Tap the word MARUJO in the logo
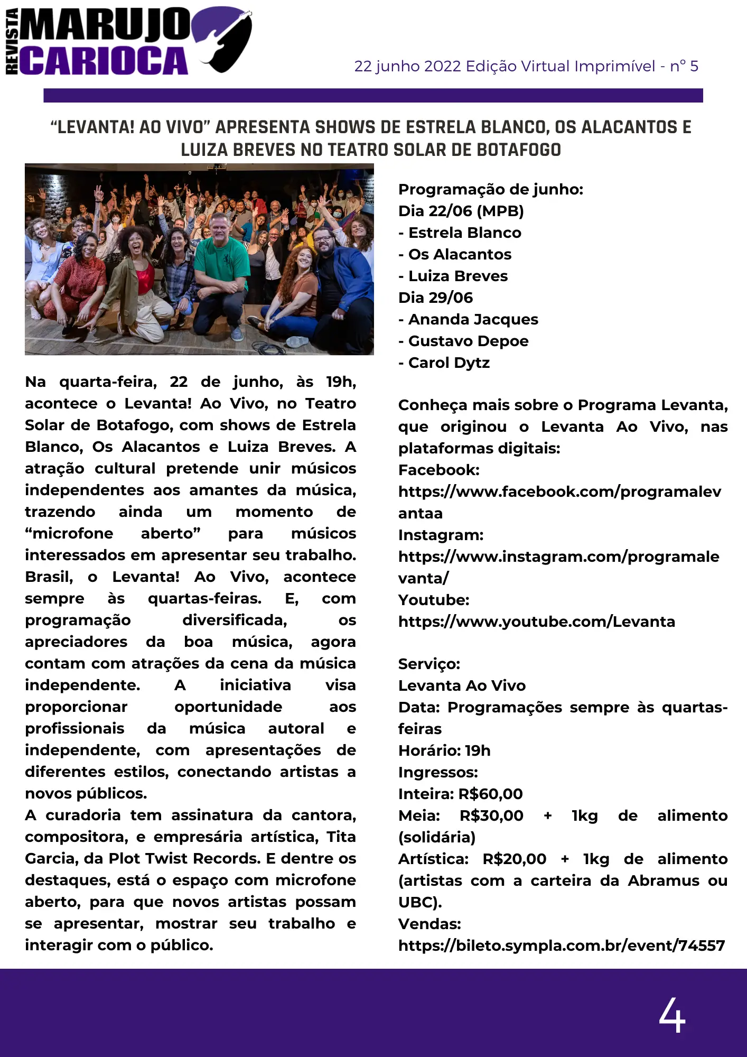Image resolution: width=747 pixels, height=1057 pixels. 106,24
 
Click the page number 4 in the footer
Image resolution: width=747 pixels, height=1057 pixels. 671,1015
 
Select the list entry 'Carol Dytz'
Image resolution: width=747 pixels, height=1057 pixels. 449,363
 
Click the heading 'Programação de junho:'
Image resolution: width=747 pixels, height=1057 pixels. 491,189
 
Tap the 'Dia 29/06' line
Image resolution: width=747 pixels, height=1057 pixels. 436,298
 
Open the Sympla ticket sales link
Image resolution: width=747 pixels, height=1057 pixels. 562,945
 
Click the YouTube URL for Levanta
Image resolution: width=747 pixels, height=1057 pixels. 537,622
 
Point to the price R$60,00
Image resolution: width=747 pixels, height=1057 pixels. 491,794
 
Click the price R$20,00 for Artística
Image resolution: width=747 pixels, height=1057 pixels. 515,859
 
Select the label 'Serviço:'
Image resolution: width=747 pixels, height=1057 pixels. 429,664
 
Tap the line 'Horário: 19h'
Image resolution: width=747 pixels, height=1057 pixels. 444,750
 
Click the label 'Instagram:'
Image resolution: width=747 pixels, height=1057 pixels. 441,535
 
